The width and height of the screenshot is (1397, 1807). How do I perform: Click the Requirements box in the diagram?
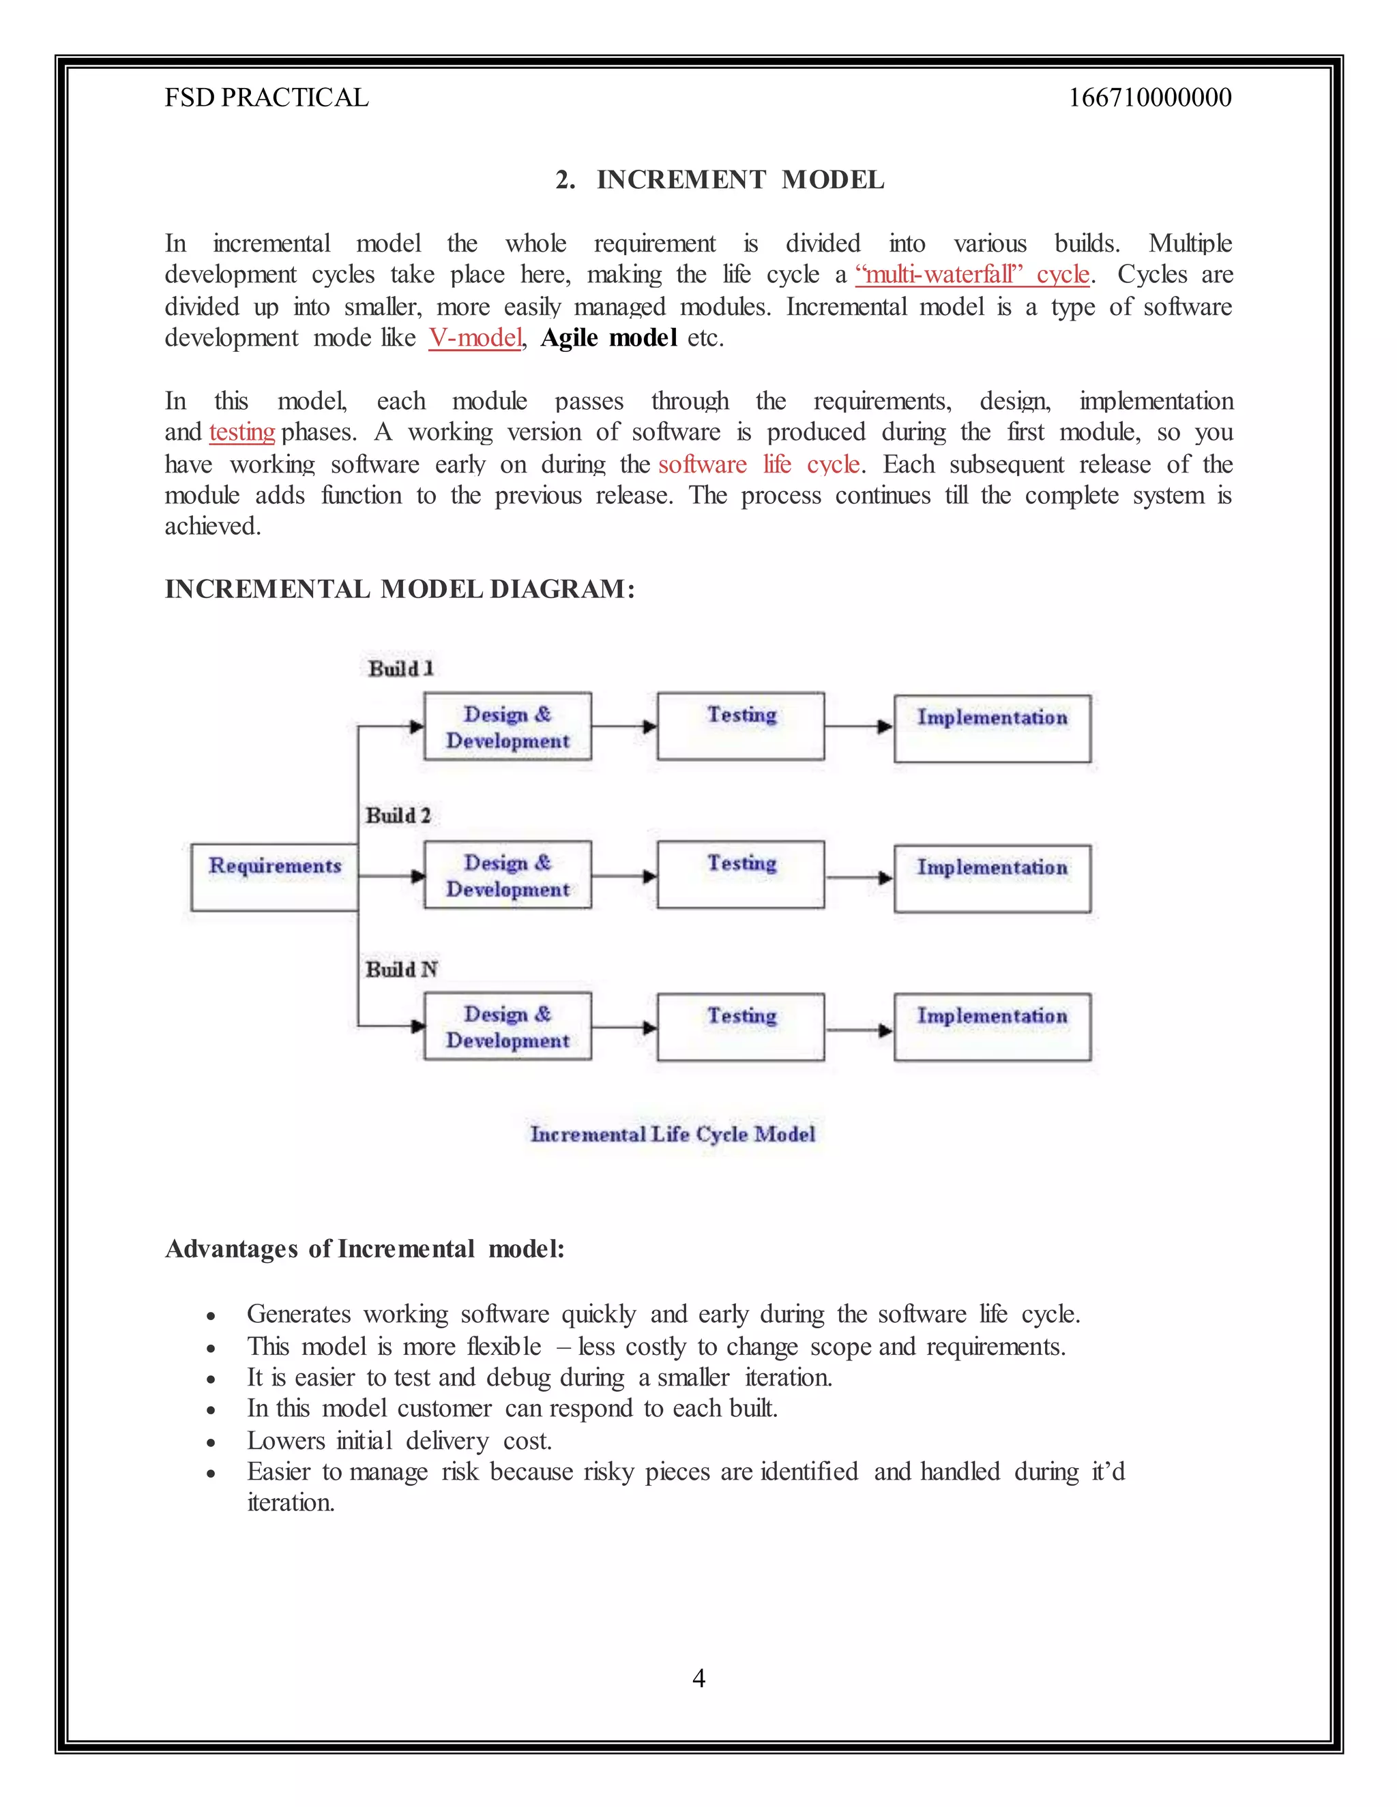(x=275, y=877)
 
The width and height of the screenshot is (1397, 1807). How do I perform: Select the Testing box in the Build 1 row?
(x=741, y=726)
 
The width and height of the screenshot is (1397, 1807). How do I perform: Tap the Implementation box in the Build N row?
(x=992, y=1027)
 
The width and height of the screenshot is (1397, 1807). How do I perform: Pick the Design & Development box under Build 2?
(x=508, y=875)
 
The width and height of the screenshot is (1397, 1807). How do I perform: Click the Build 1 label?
(x=401, y=668)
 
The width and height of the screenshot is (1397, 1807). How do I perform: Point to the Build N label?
(x=401, y=969)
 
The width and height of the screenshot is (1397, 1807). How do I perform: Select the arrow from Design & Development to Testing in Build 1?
(x=625, y=726)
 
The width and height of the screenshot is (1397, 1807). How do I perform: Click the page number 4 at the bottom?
(x=698, y=1678)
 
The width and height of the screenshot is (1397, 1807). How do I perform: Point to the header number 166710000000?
(x=1149, y=98)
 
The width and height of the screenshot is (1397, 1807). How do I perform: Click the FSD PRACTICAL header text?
(x=267, y=98)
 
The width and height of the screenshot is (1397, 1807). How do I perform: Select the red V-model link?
(x=475, y=338)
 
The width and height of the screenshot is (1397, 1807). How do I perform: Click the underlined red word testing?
(x=241, y=432)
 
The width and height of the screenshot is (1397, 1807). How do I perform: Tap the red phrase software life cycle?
(x=759, y=464)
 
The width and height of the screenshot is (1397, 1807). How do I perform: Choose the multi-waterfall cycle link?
(x=973, y=274)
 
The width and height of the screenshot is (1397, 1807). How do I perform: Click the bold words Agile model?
(x=608, y=338)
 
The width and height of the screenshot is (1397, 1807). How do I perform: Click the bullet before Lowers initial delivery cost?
(x=212, y=1443)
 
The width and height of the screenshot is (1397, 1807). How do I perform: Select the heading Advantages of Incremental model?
(x=365, y=1248)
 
